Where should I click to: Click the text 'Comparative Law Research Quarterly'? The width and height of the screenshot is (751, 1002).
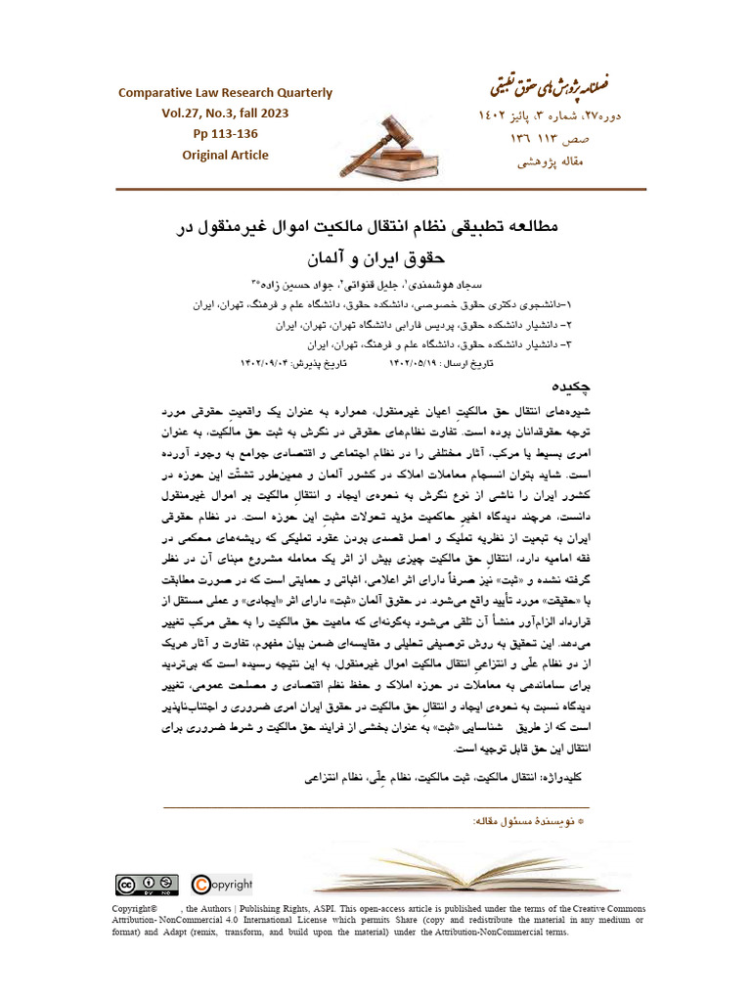(225, 93)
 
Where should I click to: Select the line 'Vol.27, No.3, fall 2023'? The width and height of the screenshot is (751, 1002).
(225, 114)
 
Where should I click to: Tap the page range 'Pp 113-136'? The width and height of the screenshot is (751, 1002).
(225, 134)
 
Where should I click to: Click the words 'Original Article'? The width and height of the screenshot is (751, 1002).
(225, 155)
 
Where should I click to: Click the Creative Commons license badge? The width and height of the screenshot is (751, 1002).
(147, 885)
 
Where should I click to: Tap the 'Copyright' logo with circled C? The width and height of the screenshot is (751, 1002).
(222, 885)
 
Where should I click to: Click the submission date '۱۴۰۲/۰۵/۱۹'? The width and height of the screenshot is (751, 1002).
(395, 364)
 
